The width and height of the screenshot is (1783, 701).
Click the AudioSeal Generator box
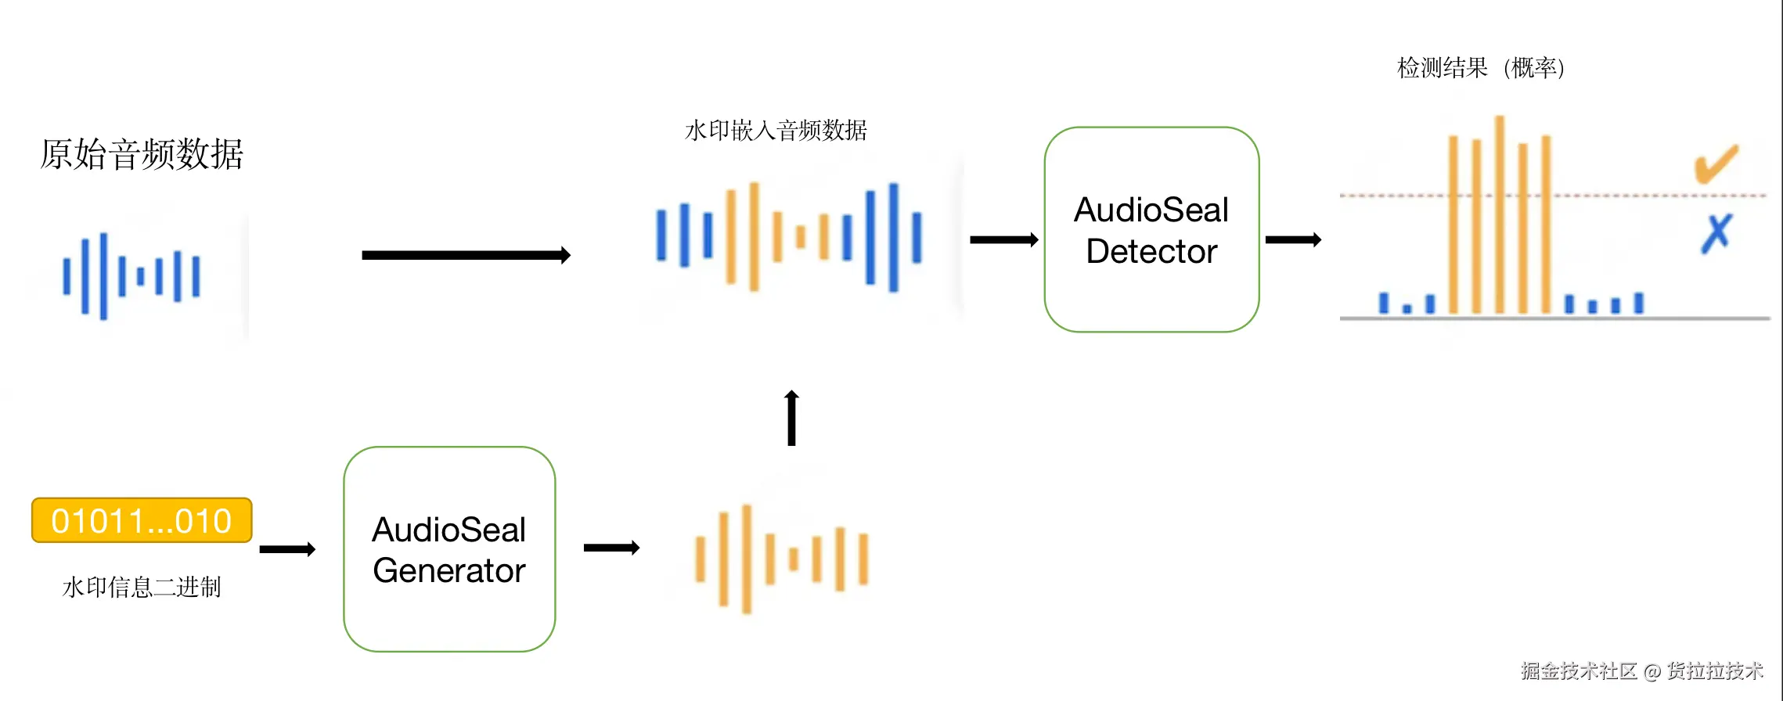click(449, 549)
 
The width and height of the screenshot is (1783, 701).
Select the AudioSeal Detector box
click(1151, 230)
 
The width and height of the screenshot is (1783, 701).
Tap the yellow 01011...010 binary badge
click(142, 520)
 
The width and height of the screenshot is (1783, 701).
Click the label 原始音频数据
click(142, 154)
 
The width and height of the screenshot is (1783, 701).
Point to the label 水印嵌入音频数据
click(776, 130)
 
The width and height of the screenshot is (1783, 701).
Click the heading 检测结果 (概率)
click(1480, 68)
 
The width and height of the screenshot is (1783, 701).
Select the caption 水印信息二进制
click(142, 587)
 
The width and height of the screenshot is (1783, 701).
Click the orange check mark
click(1716, 164)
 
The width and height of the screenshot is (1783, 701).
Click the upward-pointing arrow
click(791, 418)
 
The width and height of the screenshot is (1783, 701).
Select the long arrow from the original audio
click(466, 255)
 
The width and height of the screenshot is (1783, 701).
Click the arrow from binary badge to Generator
click(287, 549)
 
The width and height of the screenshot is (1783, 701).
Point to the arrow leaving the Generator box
click(611, 548)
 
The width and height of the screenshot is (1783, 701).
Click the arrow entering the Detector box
click(1003, 239)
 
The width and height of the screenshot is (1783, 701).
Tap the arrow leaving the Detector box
click(1293, 239)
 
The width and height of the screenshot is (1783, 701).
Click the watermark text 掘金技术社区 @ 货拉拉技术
click(1641, 670)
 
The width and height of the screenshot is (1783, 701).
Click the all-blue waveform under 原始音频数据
click(131, 276)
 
